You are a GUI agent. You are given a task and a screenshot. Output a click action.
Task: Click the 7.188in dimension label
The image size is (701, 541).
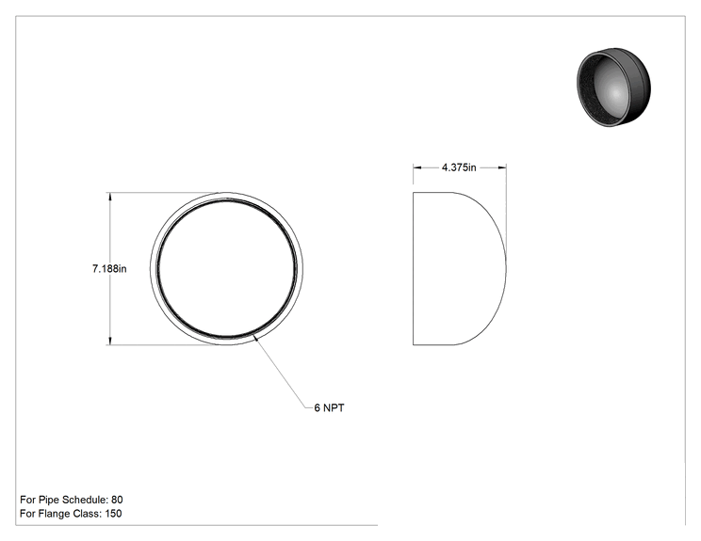point(109,269)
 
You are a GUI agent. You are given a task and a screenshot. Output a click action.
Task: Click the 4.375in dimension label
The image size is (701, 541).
point(459,167)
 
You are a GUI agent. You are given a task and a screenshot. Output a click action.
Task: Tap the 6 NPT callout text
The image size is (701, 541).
point(329,408)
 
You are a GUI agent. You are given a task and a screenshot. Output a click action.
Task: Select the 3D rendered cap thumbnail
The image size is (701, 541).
point(613,87)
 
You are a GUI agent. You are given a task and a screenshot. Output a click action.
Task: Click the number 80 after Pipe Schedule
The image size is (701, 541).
point(117,500)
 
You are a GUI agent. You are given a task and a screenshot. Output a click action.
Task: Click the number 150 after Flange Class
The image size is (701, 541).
point(113,514)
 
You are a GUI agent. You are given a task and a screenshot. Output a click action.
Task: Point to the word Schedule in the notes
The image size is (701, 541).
point(85,500)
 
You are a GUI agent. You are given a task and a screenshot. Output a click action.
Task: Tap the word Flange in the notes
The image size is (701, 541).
point(54,514)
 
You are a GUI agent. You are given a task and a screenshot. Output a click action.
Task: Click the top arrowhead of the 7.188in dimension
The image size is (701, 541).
point(110,197)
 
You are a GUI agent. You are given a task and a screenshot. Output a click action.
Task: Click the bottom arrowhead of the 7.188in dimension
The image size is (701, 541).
point(110,341)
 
